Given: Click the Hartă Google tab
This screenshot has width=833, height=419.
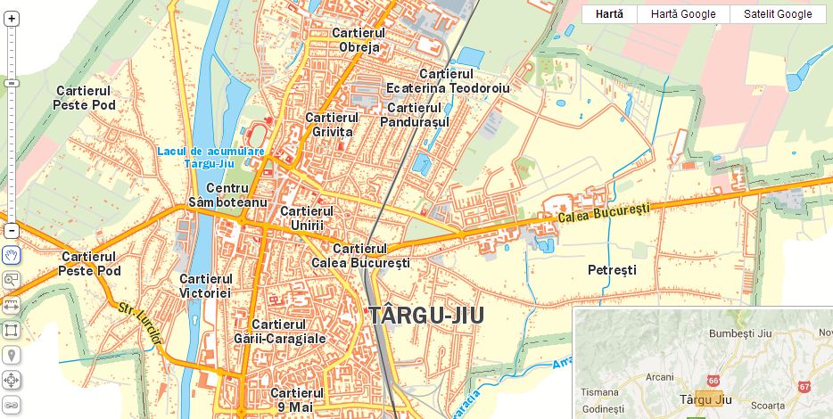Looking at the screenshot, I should [682, 14].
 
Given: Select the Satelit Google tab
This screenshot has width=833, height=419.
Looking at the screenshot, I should [778, 14].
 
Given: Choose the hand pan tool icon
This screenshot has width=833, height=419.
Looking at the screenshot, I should [11, 255].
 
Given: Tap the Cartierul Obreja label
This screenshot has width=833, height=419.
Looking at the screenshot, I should [357, 40].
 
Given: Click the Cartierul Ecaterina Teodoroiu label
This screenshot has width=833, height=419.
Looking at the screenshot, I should [448, 81].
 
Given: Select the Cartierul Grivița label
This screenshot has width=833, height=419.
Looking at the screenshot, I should [331, 125].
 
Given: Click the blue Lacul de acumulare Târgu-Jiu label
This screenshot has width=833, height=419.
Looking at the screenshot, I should [211, 157].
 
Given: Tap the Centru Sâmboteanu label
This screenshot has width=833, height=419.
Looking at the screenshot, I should [227, 196].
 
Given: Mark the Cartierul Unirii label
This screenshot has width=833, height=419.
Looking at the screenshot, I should [306, 218].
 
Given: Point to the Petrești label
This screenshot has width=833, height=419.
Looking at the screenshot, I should [612, 269].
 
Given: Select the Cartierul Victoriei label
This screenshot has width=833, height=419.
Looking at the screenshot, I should [205, 285].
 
